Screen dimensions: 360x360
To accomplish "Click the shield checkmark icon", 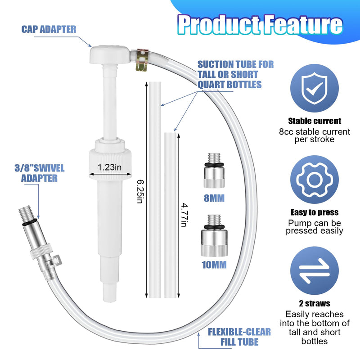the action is tap(314, 88).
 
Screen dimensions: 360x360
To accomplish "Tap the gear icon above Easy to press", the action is tap(314, 179).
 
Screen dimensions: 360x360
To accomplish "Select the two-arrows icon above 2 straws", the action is tap(314, 271).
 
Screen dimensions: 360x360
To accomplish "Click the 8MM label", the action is tap(214, 198).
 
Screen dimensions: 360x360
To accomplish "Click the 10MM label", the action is tap(214, 265).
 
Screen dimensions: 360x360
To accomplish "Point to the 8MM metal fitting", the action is tap(214, 171).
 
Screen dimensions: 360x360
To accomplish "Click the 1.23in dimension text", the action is tap(109, 167).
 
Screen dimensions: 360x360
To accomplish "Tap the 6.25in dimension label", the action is tap(140, 191).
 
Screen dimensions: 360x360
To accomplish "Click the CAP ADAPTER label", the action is tap(49, 29).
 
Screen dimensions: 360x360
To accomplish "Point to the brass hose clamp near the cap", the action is tap(142, 60).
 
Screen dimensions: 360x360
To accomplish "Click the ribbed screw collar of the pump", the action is tap(110, 163).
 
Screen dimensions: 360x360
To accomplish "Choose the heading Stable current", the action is tap(315, 121).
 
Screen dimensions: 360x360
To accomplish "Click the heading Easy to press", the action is tap(315, 212).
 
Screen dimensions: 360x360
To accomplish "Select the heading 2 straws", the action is tap(315, 303).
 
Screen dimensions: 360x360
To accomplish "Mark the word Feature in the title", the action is tap(303, 25).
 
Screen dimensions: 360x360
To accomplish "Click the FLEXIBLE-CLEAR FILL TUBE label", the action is tap(239, 337).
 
